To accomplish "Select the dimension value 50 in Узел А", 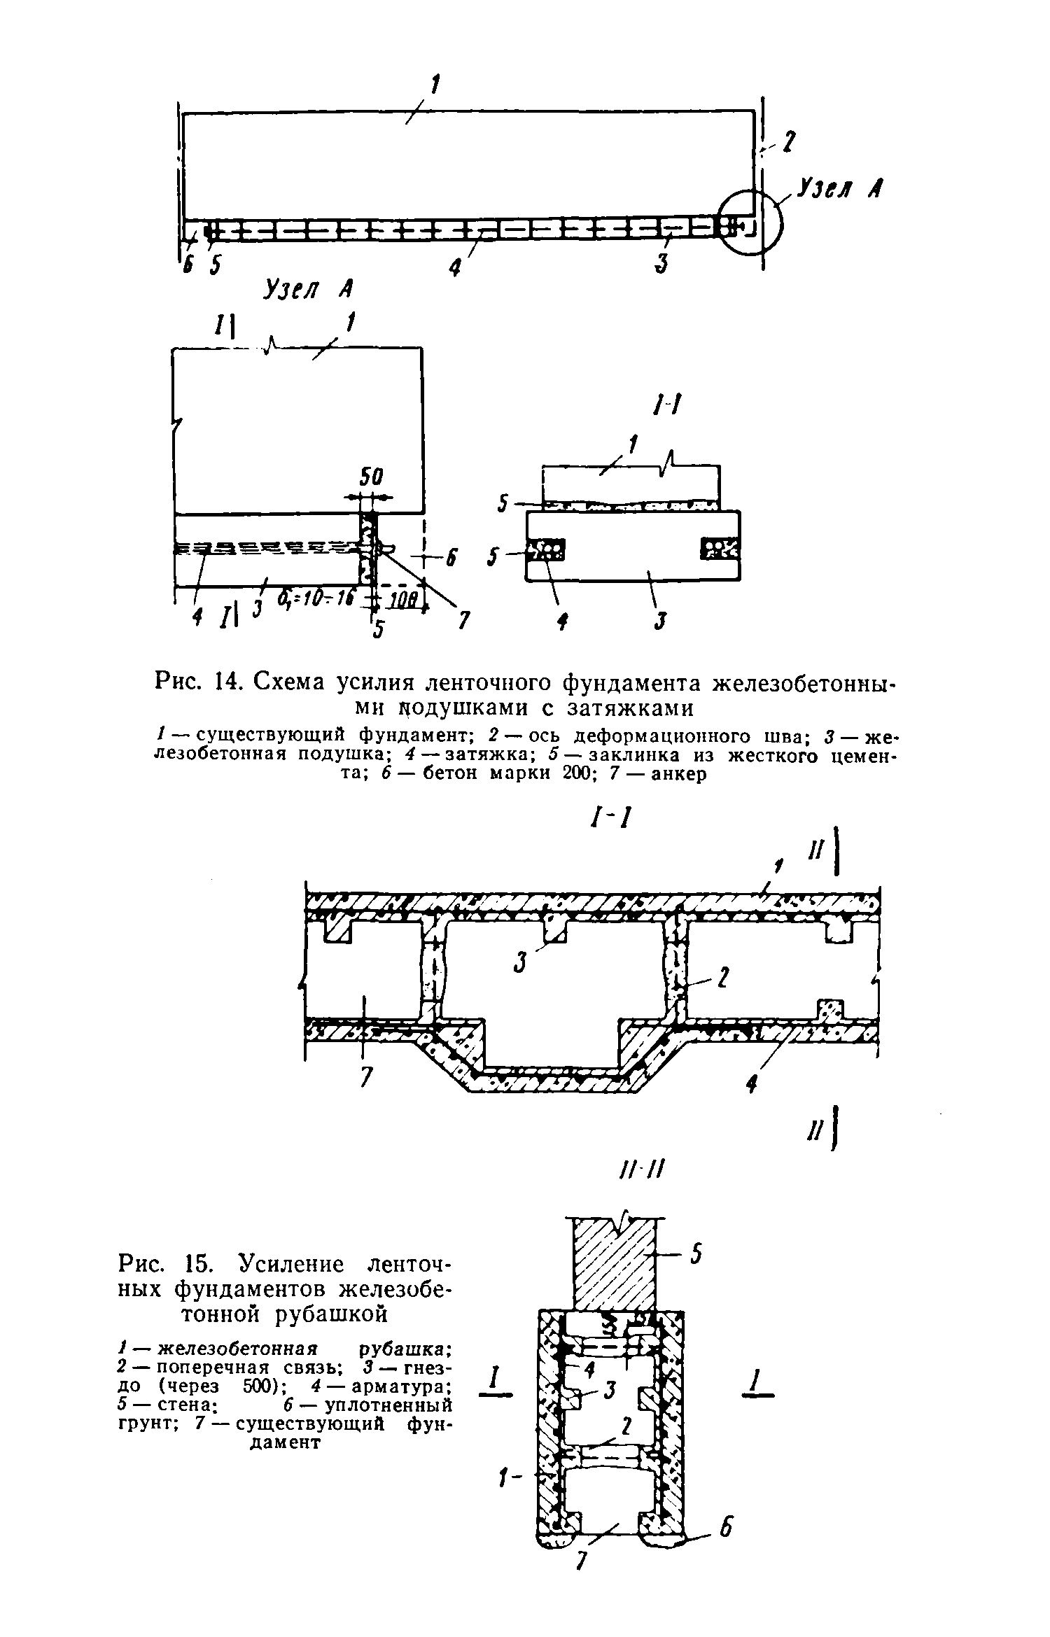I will tap(372, 478).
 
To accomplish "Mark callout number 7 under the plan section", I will tap(364, 1079).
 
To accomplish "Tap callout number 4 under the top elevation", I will tap(456, 267).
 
